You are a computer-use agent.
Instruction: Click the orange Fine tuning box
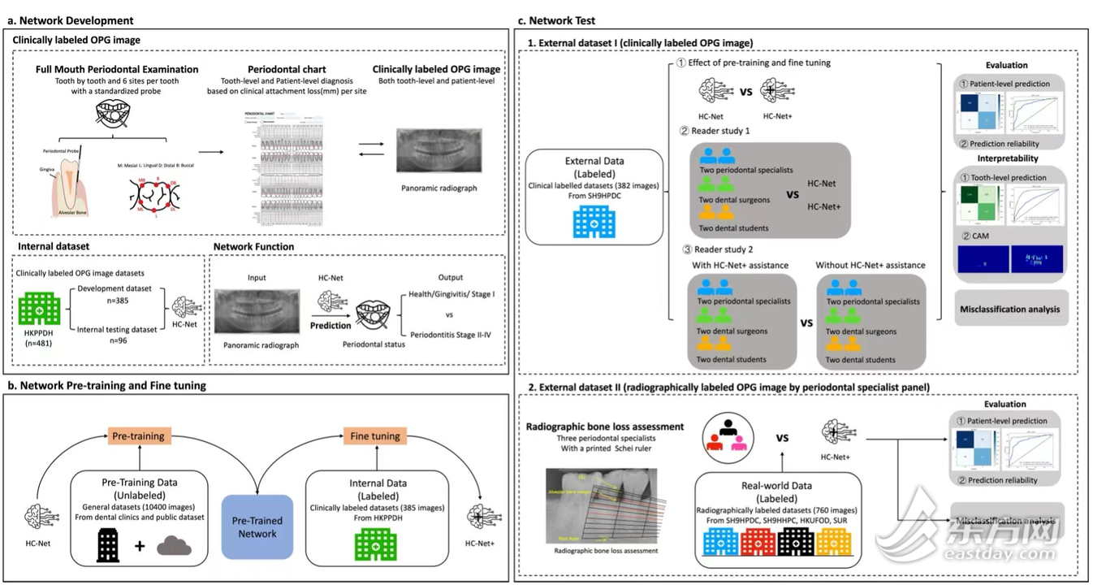374,436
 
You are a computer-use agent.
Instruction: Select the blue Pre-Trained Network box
257,527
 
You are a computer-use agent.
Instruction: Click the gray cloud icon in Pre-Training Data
174,544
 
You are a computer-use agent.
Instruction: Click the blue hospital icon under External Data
594,219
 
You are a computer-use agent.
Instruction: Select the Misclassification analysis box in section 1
1010,310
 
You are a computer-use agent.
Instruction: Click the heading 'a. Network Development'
71,20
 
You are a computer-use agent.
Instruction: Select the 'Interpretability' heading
1006,158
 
